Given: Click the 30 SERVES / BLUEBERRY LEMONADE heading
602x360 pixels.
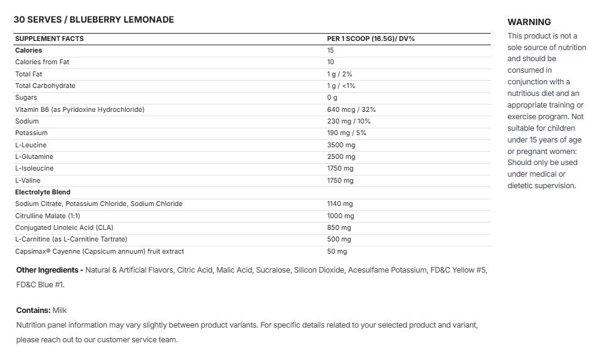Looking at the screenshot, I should pos(94,20).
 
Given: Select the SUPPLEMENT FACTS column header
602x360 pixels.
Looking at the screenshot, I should pos(50,39).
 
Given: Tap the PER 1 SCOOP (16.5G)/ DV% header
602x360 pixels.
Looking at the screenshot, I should pos(371,39).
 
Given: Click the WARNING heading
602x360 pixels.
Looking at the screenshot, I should pos(529,22).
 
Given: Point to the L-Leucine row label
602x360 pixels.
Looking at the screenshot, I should pos(31,145).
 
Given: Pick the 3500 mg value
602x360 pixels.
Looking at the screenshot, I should pos(341,145).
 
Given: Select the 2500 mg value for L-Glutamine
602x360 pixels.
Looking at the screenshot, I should pos(341,156).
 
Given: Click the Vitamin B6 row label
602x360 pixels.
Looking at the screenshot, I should pos(79,109).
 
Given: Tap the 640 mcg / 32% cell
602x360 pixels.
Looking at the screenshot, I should pos(351,109).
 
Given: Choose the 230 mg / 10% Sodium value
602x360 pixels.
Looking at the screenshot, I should pos(349,121).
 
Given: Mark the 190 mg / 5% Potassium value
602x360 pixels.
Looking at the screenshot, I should pos(348,133).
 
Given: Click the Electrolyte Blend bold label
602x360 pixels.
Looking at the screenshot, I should pos(43,192).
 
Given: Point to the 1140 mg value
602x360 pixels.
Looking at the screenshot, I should pos(340,204).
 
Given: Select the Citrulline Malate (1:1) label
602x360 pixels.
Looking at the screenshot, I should pos(48,216).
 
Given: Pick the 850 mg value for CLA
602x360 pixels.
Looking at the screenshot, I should pos(339,227).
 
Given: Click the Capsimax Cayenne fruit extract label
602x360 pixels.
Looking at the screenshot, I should pos(100,251).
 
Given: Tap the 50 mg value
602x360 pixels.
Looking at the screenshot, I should pos(337,251).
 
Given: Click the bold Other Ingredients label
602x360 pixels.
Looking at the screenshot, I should pos(50,270).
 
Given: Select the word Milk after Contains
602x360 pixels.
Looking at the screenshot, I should pos(60,310).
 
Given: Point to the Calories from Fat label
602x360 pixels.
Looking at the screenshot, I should pos(46,62).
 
